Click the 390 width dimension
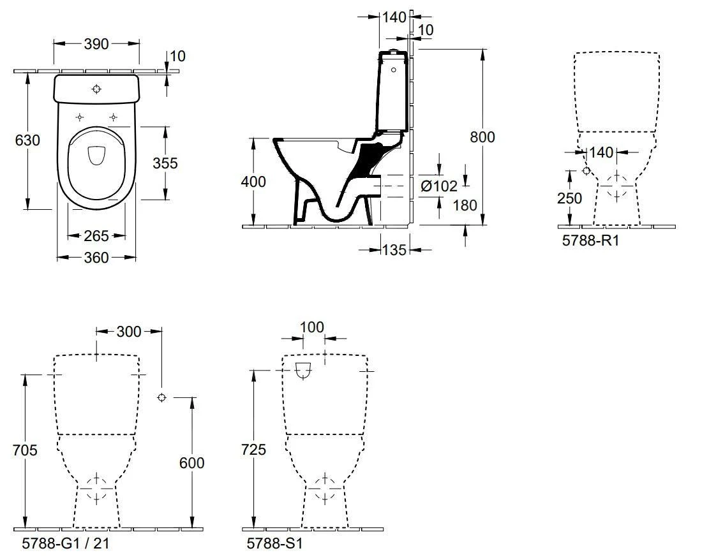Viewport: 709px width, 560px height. (96, 43)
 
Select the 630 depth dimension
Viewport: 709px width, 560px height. (27, 140)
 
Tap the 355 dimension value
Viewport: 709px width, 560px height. (165, 163)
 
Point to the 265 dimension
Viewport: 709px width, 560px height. (96, 236)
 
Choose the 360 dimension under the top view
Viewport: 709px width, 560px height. (96, 257)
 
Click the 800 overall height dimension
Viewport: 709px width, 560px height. (482, 136)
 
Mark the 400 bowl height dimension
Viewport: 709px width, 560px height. (253, 181)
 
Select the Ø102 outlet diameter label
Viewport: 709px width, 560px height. (439, 186)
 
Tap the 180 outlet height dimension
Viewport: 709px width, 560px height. (465, 205)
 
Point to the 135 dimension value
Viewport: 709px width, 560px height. (394, 250)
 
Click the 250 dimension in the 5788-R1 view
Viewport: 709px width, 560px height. (569, 198)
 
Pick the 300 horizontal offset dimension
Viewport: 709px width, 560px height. (130, 332)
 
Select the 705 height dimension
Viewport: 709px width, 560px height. (26, 450)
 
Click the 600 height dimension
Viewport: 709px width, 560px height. (191, 462)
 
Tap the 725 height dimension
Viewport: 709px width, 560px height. (253, 450)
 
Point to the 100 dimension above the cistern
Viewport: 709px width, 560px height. (312, 327)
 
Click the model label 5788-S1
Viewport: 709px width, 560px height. (274, 544)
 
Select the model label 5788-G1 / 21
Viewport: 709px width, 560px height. (61, 544)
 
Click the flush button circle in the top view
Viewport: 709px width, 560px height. (97, 89)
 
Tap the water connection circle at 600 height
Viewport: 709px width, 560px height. (161, 397)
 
